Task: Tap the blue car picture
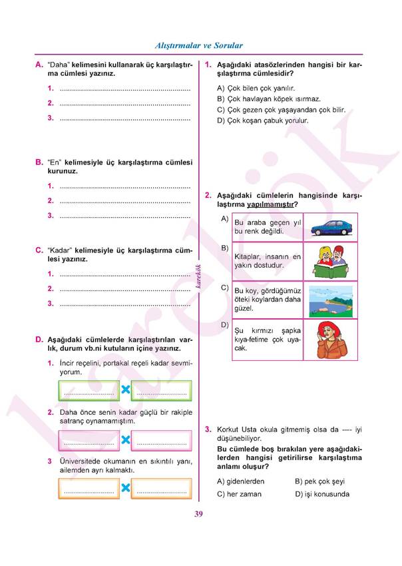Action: tap(330, 227)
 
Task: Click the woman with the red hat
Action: tap(330, 340)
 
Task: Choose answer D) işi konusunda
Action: tap(321, 494)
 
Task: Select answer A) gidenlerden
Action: tap(241, 481)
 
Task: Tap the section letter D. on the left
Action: tap(39, 339)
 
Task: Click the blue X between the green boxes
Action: tap(124, 390)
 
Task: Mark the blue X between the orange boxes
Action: tap(124, 489)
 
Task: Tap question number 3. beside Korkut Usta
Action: tap(208, 429)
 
